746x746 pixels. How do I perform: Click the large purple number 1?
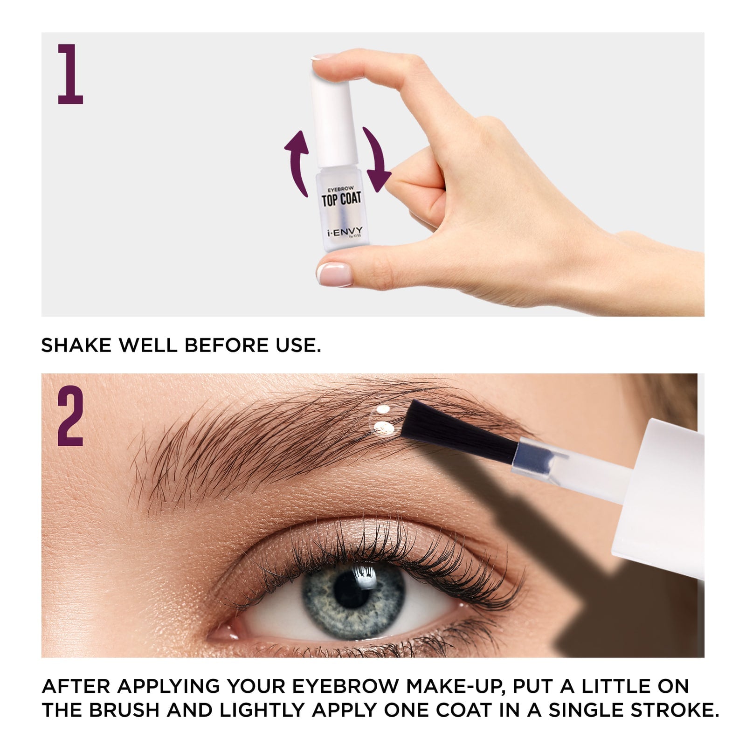coord(70,75)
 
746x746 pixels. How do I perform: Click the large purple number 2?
coord(70,416)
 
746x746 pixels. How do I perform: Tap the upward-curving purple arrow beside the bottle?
coord(297,161)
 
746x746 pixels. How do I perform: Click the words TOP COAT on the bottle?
coord(341,200)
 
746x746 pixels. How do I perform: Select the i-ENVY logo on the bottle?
coord(345,231)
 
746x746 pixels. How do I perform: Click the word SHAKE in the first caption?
coord(77,345)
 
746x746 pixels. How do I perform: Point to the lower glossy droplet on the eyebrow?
coord(383,427)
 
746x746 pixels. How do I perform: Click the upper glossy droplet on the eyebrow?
coord(383,409)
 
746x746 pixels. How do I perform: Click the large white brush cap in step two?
coord(662,494)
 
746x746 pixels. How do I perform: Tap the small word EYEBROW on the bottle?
coord(340,189)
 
